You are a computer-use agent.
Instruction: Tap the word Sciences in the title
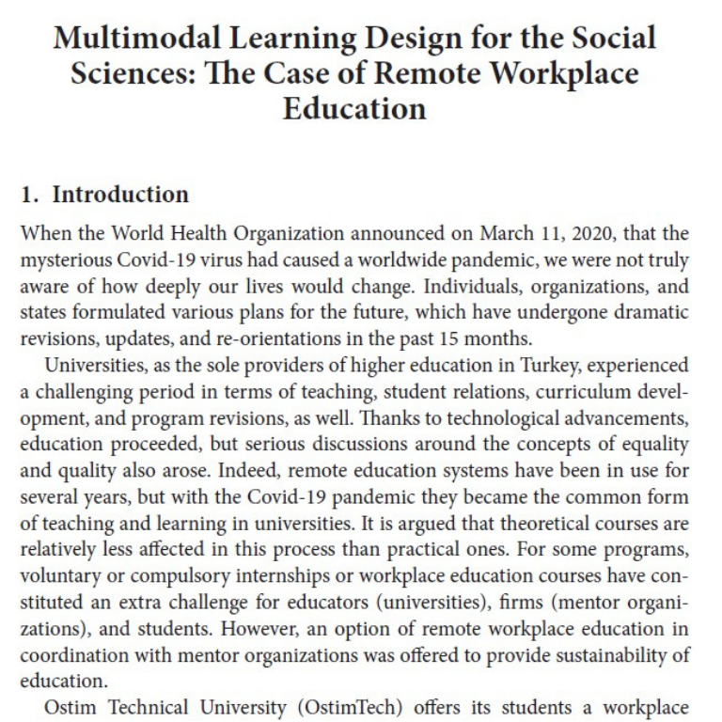point(128,73)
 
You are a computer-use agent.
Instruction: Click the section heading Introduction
point(120,195)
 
